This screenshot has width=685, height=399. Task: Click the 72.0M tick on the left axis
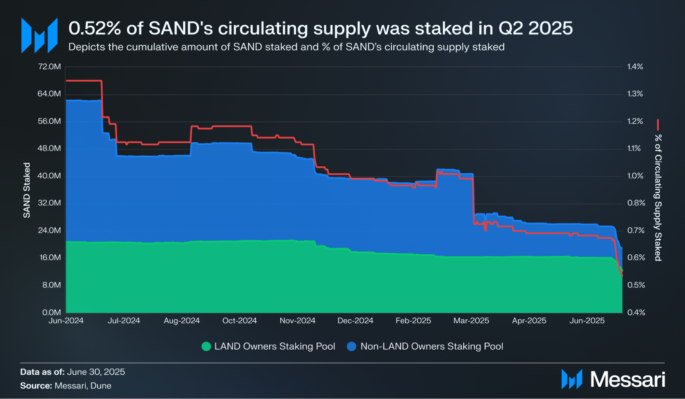[49, 66]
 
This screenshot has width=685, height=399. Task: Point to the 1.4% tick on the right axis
[635, 66]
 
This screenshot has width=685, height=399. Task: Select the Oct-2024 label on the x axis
[240, 321]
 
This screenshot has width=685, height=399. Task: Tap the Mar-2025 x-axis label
[471, 321]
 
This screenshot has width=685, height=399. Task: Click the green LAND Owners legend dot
[206, 346]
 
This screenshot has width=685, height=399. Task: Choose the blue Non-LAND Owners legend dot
[352, 346]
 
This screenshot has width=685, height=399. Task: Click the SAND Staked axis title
[27, 190]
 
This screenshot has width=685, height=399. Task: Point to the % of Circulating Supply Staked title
[658, 197]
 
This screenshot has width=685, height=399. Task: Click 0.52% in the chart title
[95, 28]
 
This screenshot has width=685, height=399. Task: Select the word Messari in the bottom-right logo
[627, 379]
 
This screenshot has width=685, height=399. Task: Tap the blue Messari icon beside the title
[39, 36]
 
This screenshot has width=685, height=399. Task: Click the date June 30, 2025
[96, 372]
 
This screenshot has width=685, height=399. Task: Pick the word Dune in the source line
[101, 386]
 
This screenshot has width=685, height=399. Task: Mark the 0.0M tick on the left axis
[51, 312]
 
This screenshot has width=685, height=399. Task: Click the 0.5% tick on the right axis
[636, 285]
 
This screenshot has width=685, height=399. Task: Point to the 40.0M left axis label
[49, 176]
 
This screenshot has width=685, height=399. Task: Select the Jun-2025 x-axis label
[587, 321]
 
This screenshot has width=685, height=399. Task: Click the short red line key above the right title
[658, 125]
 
